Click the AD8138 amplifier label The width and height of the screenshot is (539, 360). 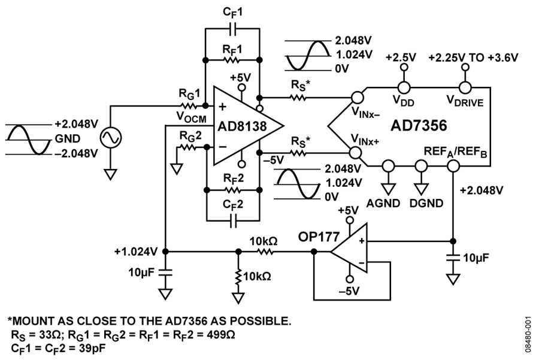point(242,126)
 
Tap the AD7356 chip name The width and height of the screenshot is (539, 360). point(419,126)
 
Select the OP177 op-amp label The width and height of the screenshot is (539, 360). point(319,237)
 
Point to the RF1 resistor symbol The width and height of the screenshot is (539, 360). point(232,60)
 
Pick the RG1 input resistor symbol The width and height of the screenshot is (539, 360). point(187,105)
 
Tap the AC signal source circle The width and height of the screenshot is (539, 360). point(111,138)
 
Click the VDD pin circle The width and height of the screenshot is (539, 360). point(404,87)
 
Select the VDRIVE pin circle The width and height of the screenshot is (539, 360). point(465,87)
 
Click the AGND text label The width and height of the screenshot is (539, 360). point(383,203)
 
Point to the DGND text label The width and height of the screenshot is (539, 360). point(426,203)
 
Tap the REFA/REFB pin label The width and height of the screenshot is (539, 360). point(455,152)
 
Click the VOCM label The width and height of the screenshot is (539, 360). point(192,117)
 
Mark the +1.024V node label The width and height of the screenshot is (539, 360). point(136,252)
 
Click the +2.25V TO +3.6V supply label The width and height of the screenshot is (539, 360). point(473,58)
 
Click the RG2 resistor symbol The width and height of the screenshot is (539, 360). point(187,148)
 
